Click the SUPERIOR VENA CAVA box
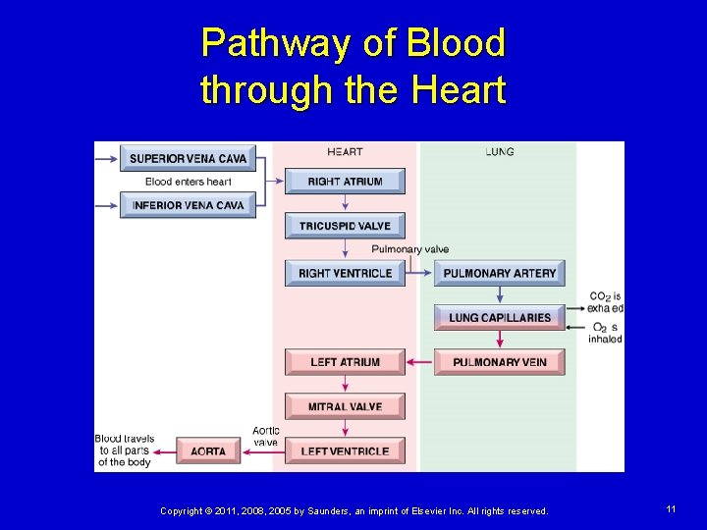188,158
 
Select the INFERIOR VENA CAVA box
188,205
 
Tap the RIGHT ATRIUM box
345,182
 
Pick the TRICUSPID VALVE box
345,226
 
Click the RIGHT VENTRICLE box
345,273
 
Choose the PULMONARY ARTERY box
499,273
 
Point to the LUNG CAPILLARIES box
499,317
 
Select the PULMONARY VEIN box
499,362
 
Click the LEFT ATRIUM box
345,362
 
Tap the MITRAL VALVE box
345,406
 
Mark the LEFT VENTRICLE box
345,451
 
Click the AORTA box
208,451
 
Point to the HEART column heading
345,151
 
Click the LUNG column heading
499,151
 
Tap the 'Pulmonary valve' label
409,249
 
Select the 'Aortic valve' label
265,436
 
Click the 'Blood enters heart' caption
188,182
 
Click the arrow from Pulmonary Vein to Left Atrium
419,362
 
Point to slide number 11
671,509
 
